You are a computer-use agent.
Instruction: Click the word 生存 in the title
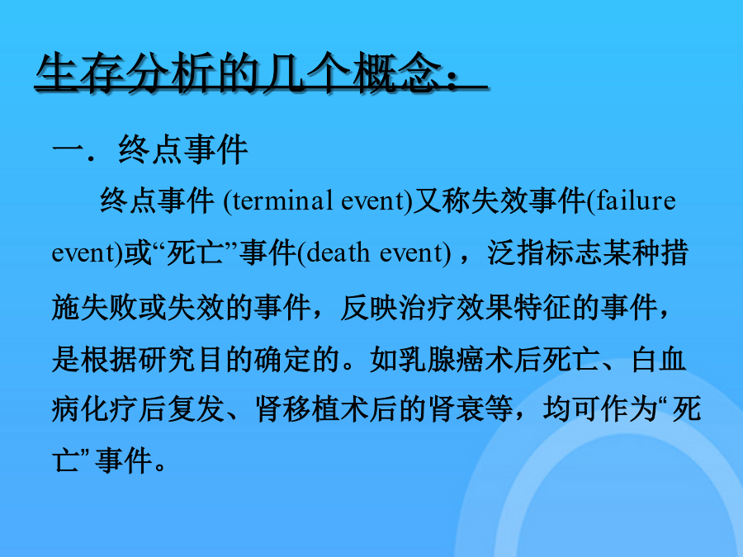(81, 73)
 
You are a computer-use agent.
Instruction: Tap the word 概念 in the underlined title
(398, 73)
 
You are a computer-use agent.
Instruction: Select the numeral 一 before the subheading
(68, 151)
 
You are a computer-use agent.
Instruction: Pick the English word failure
(637, 201)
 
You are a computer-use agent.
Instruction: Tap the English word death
(338, 253)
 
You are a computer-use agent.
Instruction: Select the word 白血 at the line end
(658, 360)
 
